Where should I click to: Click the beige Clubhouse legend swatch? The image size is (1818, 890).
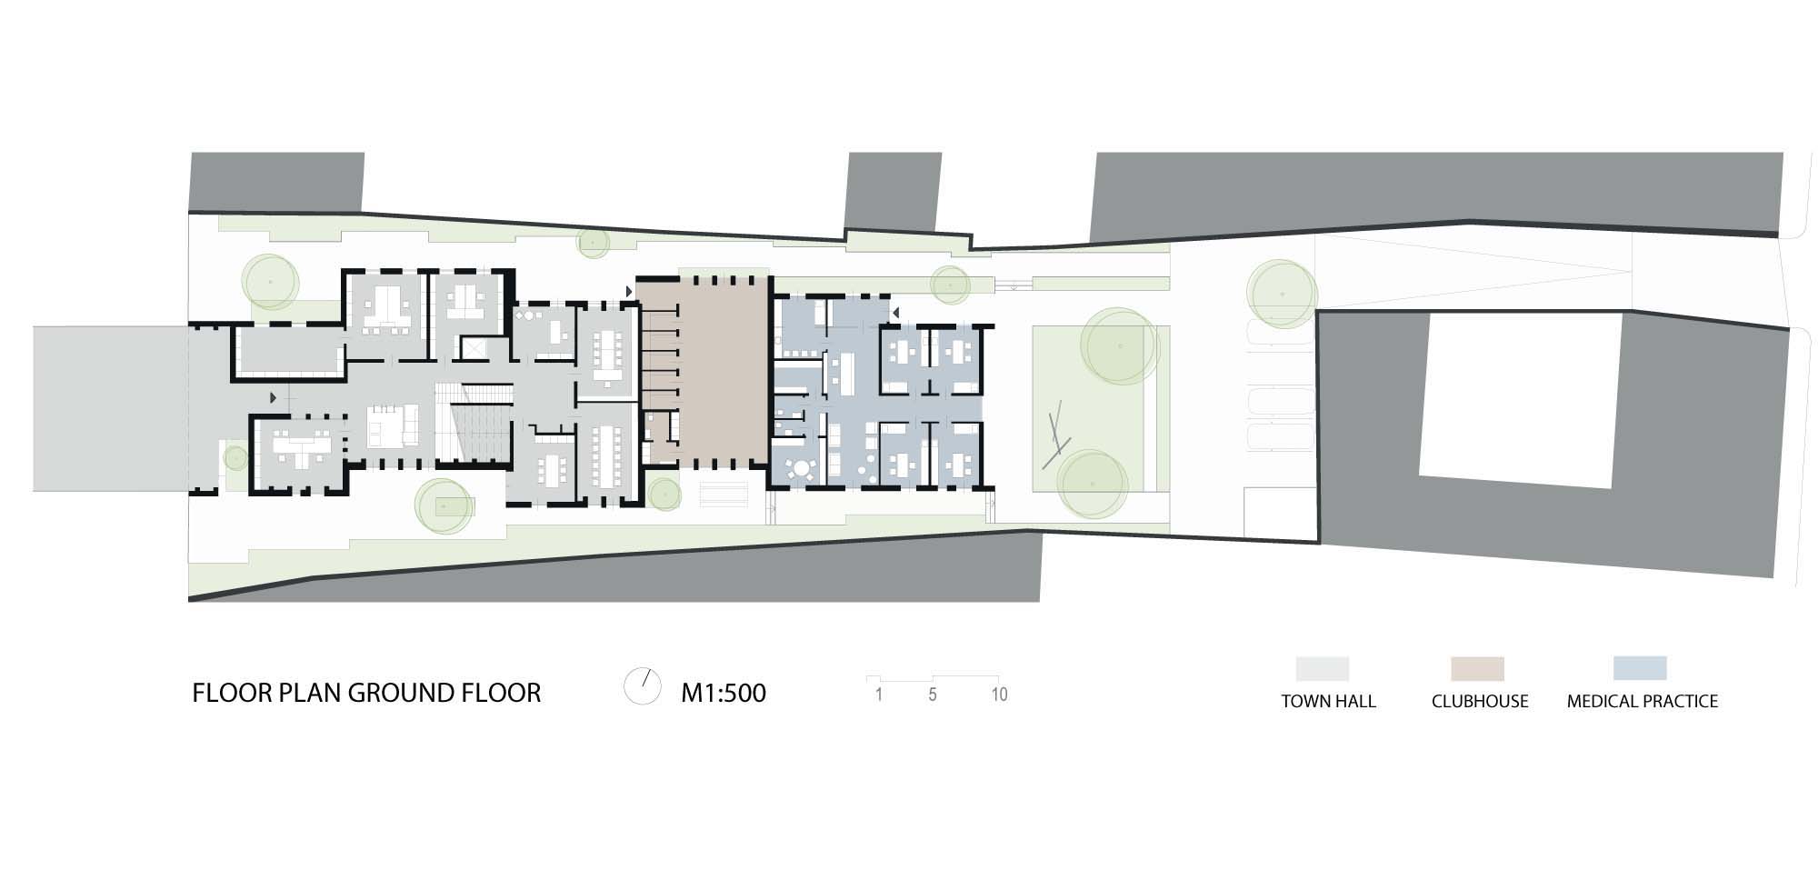[x=1478, y=669]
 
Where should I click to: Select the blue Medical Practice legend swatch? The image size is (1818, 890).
[x=1640, y=668]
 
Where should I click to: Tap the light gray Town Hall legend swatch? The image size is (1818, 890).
[x=1323, y=669]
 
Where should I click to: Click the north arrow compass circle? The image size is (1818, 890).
[x=643, y=686]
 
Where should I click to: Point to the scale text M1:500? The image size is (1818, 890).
[x=724, y=693]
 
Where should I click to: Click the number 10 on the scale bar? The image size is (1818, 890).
[x=999, y=695]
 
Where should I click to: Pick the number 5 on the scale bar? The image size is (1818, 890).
[x=933, y=695]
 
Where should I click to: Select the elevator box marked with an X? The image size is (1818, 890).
[x=475, y=348]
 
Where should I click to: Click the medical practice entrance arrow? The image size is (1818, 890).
[x=895, y=313]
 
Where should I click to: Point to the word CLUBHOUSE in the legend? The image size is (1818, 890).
[x=1480, y=701]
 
